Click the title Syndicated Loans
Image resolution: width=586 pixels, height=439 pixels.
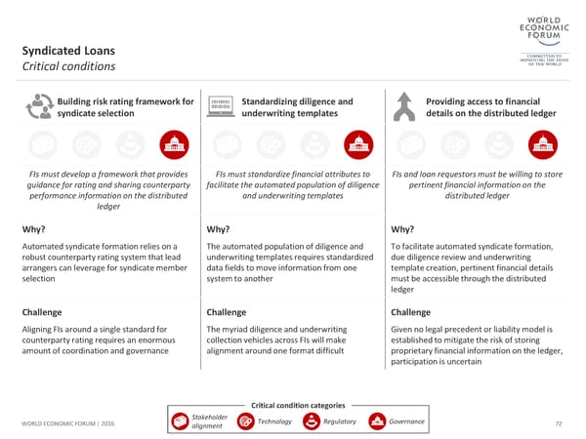coord(70,50)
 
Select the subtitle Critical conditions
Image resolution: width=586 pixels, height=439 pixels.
coord(68,67)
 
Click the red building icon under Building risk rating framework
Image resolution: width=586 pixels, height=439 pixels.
coord(172,143)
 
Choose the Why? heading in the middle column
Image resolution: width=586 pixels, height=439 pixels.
coord(219,229)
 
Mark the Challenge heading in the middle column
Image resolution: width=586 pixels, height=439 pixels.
coord(230,312)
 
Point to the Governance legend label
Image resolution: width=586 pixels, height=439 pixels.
coord(406,421)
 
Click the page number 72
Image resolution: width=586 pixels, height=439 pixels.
coord(559,422)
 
